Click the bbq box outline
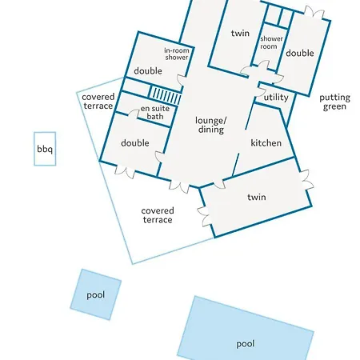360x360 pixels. click(34, 149)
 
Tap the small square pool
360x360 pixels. click(96, 294)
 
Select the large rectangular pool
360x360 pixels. click(246, 330)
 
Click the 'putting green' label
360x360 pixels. click(334, 102)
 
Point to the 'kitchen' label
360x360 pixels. click(266, 143)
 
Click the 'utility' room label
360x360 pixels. click(276, 98)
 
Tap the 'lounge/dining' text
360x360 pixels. click(211, 125)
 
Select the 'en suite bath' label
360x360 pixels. click(155, 112)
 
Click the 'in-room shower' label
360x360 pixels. click(177, 54)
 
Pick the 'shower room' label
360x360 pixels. click(271, 42)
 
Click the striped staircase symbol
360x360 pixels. click(165, 95)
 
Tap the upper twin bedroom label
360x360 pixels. click(240, 34)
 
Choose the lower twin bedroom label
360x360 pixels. click(257, 197)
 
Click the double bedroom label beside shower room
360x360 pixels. click(300, 53)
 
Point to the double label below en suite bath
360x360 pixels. click(135, 143)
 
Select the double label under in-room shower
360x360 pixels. click(148, 71)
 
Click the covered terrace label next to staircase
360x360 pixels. click(98, 102)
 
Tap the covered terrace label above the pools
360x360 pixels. click(158, 215)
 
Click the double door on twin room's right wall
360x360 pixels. click(306, 179)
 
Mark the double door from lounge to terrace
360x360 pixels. click(179, 186)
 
